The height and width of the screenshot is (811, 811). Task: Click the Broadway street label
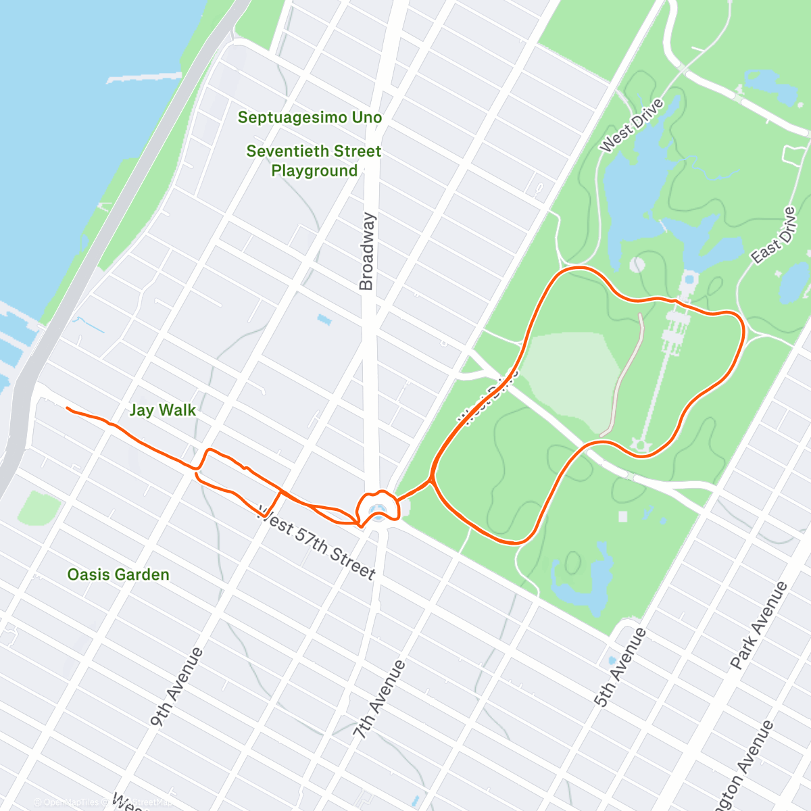[x=366, y=251]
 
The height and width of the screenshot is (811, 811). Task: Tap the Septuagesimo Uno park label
[x=310, y=118]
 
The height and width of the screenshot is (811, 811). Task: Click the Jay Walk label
[x=162, y=410]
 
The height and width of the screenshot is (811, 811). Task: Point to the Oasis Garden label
[x=118, y=574]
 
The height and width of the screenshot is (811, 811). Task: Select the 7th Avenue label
[x=379, y=699]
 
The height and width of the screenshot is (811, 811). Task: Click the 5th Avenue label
[x=620, y=667]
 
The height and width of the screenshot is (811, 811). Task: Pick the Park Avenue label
[x=758, y=626]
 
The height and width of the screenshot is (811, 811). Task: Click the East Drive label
[x=774, y=236]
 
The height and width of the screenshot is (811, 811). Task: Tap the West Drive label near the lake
[x=631, y=126]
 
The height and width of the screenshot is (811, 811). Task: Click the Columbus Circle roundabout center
[x=379, y=508]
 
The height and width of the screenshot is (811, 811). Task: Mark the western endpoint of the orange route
[x=67, y=408]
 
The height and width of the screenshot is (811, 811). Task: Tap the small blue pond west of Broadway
[x=324, y=319]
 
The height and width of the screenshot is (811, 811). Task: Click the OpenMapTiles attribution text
[x=71, y=802]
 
